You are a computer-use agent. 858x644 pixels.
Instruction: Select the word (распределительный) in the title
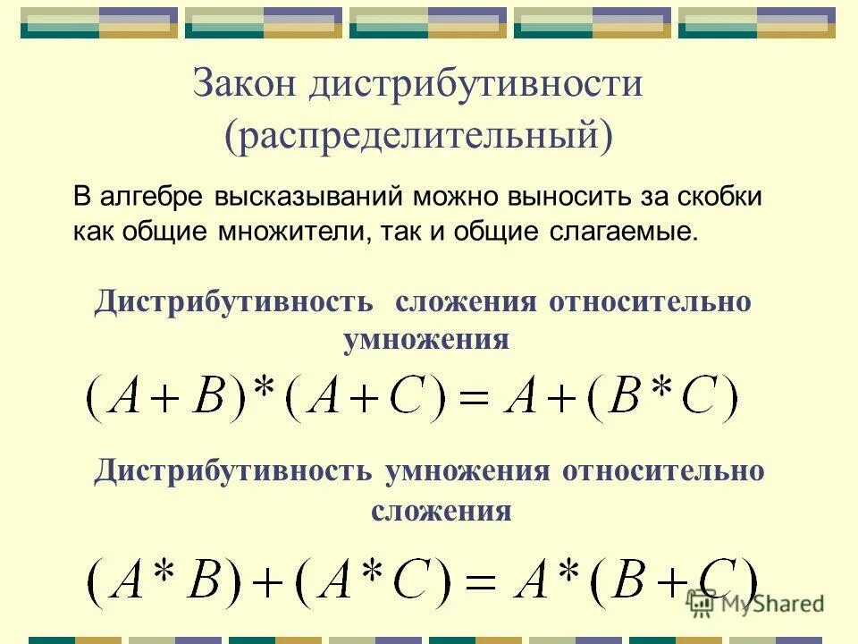pyautogui.click(x=419, y=136)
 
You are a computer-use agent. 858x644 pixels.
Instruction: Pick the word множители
pyautogui.click(x=290, y=232)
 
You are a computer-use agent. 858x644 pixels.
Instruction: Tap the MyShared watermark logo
pyautogui.click(x=755, y=603)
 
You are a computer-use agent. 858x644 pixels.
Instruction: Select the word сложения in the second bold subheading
pyautogui.click(x=441, y=512)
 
